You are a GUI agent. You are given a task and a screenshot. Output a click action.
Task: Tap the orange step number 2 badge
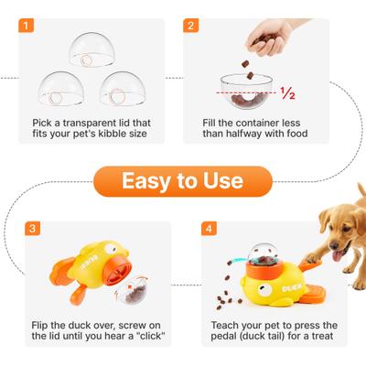(x=191, y=26)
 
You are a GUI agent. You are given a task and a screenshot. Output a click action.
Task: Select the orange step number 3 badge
(x=32, y=229)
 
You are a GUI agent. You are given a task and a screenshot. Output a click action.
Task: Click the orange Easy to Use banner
(x=182, y=181)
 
